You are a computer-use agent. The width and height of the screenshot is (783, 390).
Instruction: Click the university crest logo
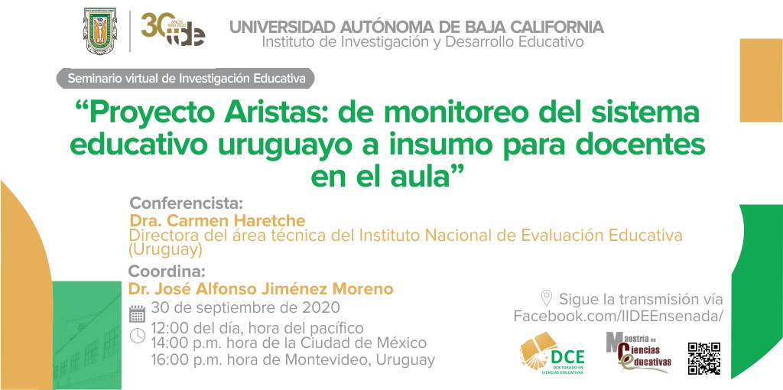coord(100,31)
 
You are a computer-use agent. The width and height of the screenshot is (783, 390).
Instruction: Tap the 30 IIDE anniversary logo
coord(173,30)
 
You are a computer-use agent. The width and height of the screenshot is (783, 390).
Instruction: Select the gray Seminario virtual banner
coord(186,79)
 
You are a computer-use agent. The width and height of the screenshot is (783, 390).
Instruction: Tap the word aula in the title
coord(427,177)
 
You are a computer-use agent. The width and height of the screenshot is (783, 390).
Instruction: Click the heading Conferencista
coord(187,203)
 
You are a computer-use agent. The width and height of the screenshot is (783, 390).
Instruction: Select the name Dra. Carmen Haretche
coord(217,220)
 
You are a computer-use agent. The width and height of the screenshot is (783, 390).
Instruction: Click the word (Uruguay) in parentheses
coord(166,249)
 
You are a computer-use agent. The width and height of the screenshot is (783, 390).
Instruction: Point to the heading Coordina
coord(167,272)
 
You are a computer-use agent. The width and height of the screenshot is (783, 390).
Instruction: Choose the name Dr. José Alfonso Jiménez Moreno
coord(261,288)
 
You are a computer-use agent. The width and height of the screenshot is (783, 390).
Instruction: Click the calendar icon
coord(138,314)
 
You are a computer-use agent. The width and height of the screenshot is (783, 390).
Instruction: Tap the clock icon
coord(138,336)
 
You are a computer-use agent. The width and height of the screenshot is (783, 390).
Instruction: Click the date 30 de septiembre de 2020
coord(245,307)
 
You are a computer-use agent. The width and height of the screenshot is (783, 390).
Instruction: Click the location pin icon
coord(547,299)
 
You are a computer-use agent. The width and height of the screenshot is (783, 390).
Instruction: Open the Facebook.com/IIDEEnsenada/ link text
coord(618,316)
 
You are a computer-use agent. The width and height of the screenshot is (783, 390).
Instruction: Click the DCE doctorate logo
coord(551,353)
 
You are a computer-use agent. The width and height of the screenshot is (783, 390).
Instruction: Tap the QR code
coord(704,358)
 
